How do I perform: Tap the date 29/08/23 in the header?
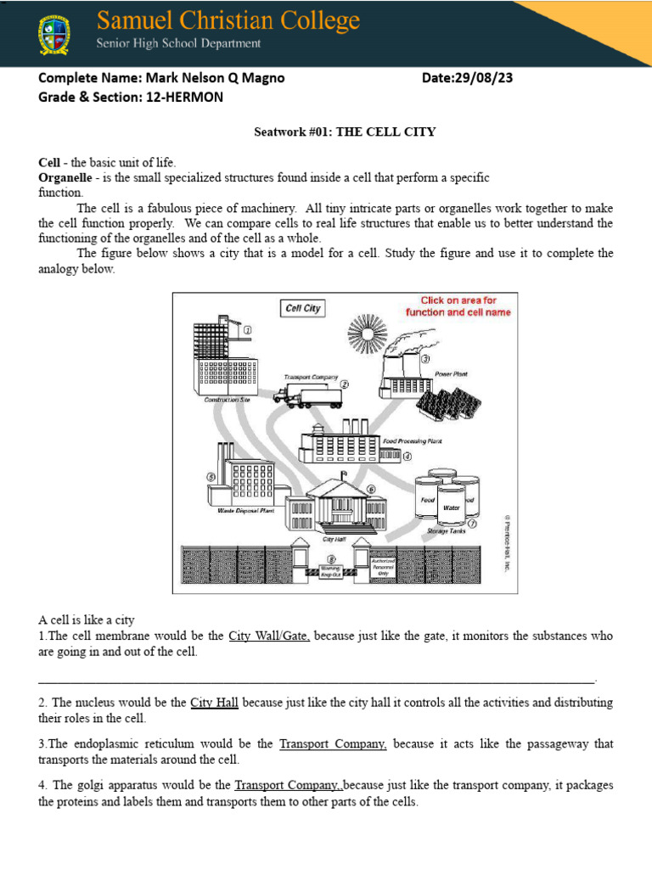tap(483, 79)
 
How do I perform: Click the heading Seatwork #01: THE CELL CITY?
tap(346, 132)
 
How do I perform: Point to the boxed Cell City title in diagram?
tap(302, 308)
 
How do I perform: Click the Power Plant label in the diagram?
tap(451, 373)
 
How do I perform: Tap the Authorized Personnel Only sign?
tap(383, 566)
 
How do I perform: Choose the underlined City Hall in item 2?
tap(214, 703)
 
